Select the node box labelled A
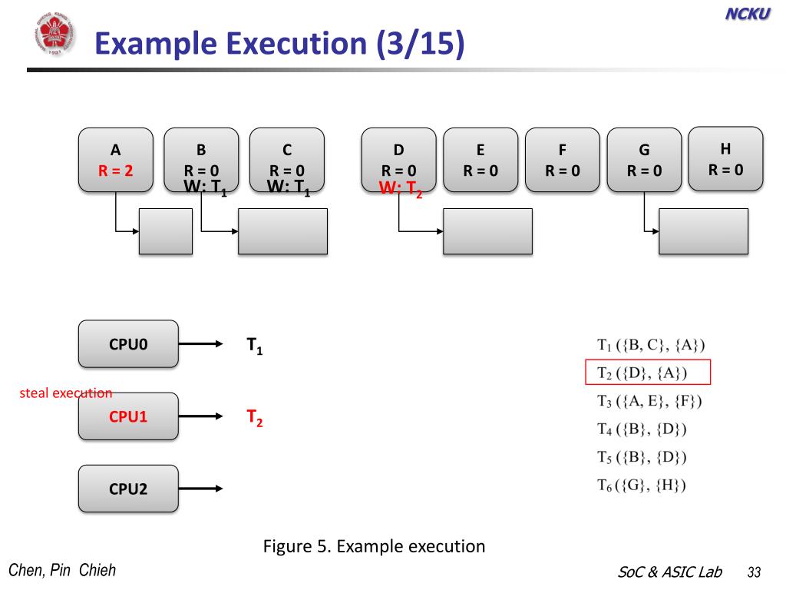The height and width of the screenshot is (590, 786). click(x=115, y=160)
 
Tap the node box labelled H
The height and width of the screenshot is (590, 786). click(x=725, y=158)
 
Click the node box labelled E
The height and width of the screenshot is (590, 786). click(x=481, y=160)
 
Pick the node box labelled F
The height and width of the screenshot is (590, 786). click(x=562, y=160)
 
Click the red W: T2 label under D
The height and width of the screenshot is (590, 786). click(x=401, y=189)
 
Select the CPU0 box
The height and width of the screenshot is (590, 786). click(x=128, y=344)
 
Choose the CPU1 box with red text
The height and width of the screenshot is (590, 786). click(x=128, y=416)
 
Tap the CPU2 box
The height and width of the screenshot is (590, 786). click(x=128, y=489)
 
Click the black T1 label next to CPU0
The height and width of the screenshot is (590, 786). click(x=254, y=346)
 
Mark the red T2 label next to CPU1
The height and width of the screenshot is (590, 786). click(x=254, y=418)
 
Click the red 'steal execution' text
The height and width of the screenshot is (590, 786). click(x=66, y=393)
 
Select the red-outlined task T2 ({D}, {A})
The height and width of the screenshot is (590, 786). click(x=649, y=373)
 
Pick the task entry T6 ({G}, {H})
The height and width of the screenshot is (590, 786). click(x=642, y=485)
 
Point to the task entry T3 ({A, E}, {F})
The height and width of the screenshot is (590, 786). click(x=649, y=400)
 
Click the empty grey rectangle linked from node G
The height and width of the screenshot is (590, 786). click(x=703, y=231)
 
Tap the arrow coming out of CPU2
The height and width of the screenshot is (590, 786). click(x=201, y=489)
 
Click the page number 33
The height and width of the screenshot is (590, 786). click(x=753, y=572)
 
